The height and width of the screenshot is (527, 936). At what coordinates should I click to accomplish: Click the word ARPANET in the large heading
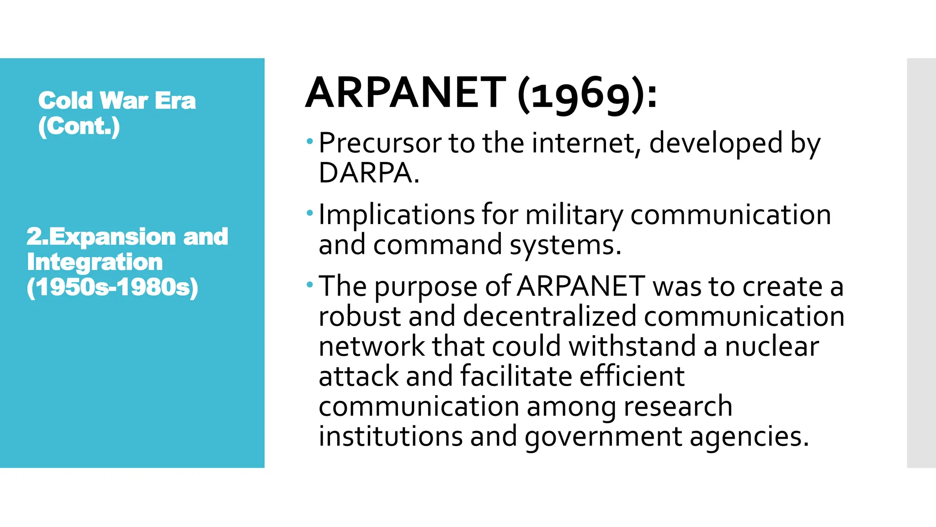[406, 93]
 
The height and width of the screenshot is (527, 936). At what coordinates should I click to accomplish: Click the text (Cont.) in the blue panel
[79, 126]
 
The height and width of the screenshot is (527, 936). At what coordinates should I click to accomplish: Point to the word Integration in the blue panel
[95, 262]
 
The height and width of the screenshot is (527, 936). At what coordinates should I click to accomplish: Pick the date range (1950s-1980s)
[112, 287]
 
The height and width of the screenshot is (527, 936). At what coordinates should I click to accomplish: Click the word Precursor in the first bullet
[379, 143]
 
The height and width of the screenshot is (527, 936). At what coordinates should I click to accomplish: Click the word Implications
[396, 215]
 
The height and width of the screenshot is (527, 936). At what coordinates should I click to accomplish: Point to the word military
[574, 215]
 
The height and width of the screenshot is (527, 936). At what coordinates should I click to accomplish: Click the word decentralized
[549, 316]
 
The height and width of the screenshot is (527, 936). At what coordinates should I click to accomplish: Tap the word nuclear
[772, 346]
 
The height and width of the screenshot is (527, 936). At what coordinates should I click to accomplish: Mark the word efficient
[632, 376]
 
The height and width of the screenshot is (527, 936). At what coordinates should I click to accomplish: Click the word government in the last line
[603, 436]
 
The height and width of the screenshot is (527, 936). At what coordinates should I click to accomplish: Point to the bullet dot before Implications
[310, 213]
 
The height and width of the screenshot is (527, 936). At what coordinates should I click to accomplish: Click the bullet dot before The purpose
[310, 285]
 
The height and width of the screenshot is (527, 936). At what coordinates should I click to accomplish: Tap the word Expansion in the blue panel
[112, 237]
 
